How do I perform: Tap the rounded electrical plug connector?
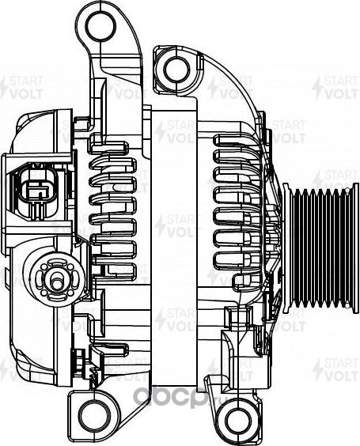tap(34, 189)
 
